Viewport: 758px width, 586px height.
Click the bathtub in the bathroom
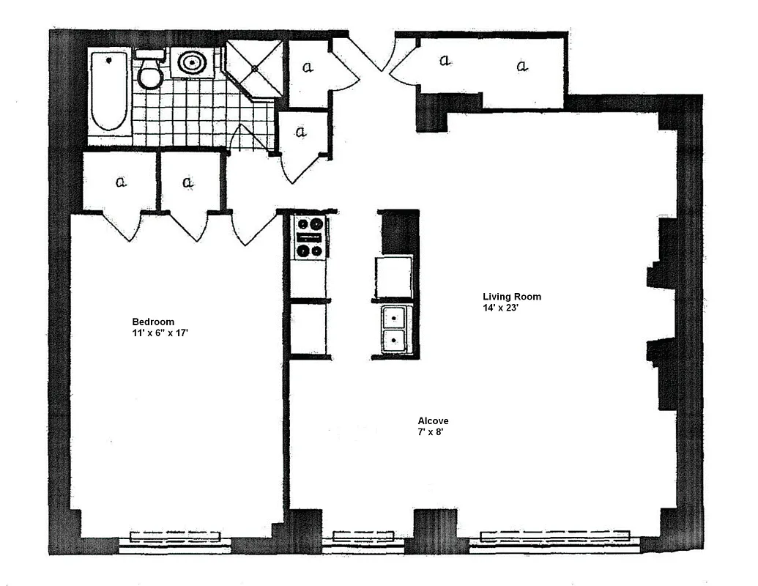click(x=110, y=92)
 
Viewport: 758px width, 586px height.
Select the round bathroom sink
click(x=192, y=62)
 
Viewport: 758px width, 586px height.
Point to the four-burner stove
click(x=310, y=237)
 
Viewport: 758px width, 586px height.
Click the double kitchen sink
click(x=395, y=329)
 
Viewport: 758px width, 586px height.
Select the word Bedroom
click(x=153, y=322)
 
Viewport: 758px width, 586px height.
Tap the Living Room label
click(x=512, y=297)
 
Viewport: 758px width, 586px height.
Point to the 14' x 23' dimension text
click(x=501, y=308)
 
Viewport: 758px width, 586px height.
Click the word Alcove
click(x=433, y=421)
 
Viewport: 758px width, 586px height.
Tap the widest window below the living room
click(x=554, y=538)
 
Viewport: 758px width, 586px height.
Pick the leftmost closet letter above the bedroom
click(x=122, y=182)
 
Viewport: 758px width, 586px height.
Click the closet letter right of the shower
click(x=308, y=67)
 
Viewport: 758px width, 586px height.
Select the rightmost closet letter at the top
click(x=522, y=67)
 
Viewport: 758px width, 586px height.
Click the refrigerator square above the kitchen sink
click(x=393, y=277)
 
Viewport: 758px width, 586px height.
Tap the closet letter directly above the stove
click(x=301, y=133)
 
